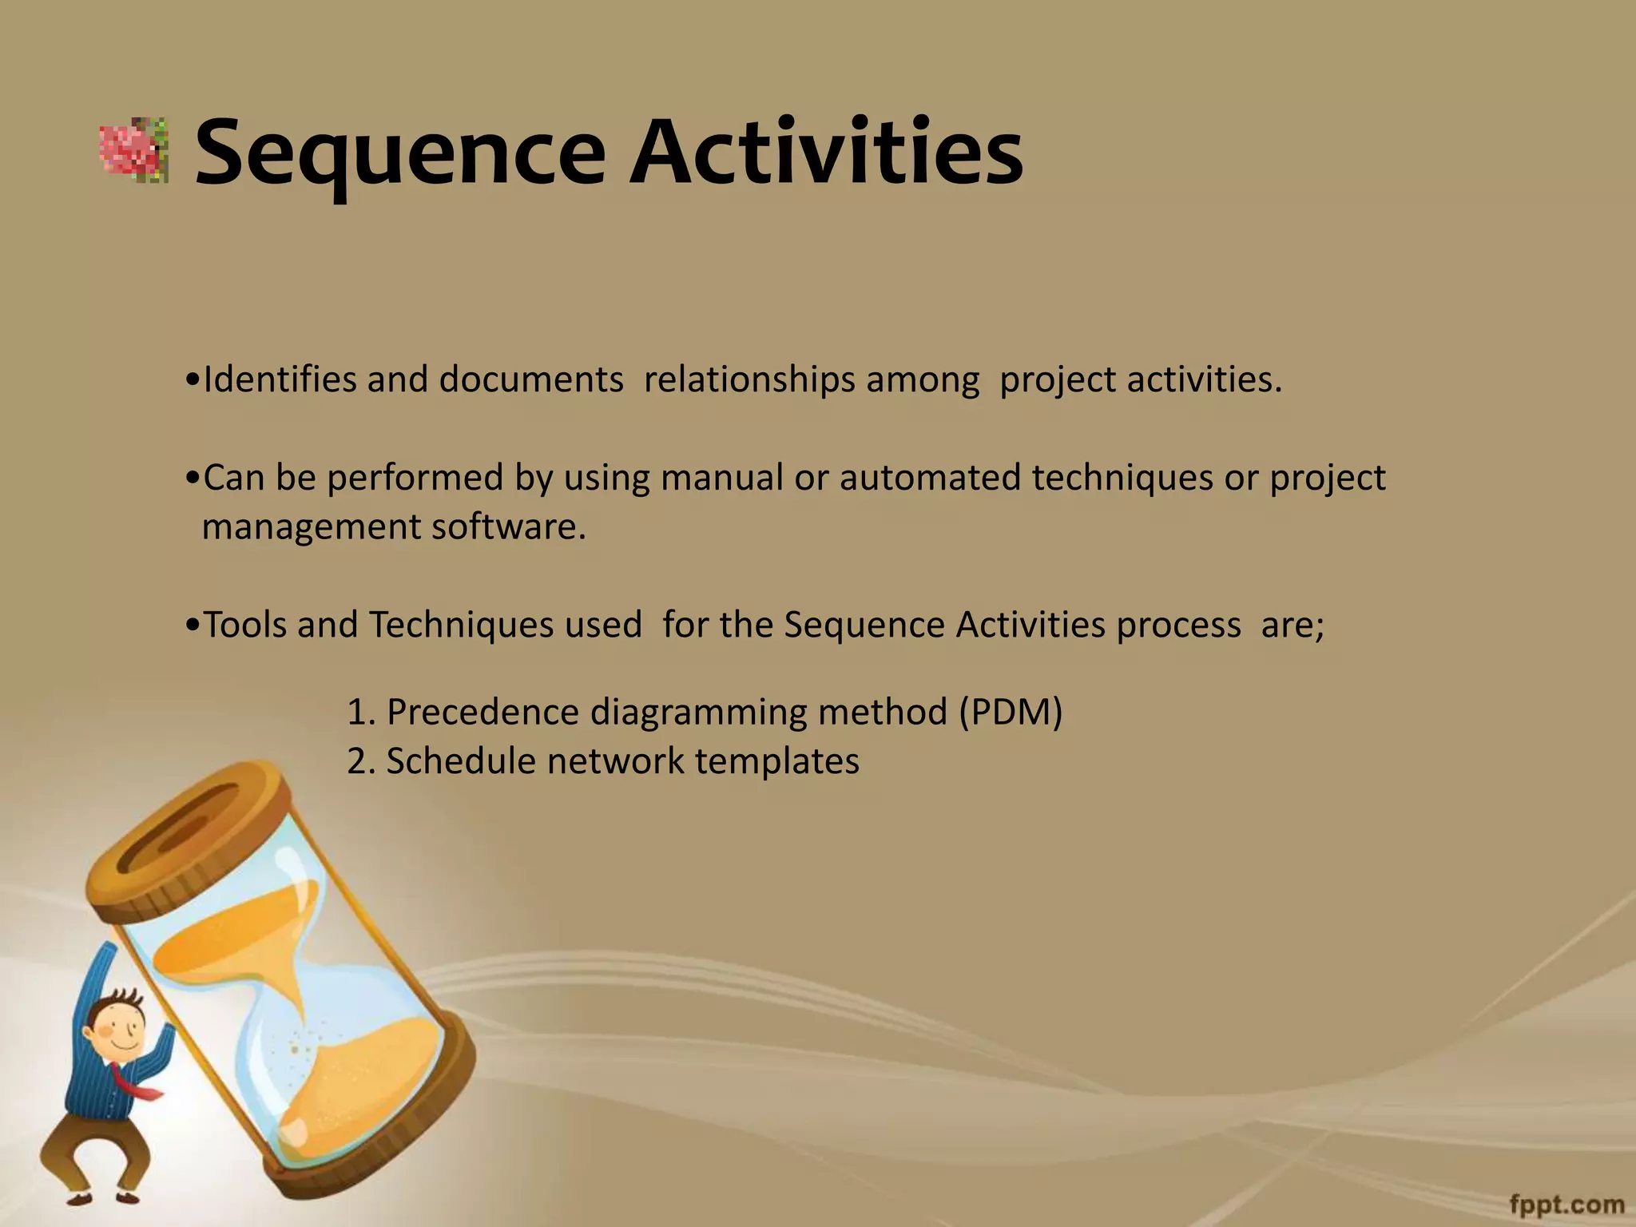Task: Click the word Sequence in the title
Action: tap(399, 152)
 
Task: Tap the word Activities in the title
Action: tap(826, 152)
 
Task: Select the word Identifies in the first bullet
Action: tap(280, 379)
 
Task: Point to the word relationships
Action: tap(749, 379)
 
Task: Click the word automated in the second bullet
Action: tap(930, 478)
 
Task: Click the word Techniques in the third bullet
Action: tap(460, 625)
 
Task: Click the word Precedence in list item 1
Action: tap(482, 712)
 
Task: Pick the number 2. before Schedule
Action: tap(361, 761)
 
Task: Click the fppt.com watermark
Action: tap(1567, 1203)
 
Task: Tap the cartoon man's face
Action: tap(120, 1031)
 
